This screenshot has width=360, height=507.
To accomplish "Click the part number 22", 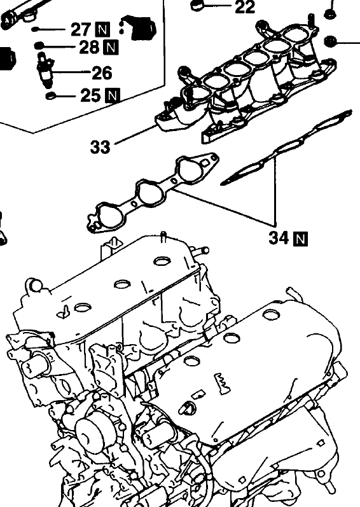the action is click(245, 6).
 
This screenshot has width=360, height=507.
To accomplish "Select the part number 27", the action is click(81, 29).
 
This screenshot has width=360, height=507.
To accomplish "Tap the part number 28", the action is click(89, 47).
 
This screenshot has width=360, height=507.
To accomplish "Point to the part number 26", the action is click(102, 73).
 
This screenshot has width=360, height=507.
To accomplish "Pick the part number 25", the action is click(90, 95).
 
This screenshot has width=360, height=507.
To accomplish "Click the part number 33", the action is click(100, 147).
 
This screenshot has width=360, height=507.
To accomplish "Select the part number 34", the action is click(279, 238).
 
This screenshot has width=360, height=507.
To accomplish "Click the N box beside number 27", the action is click(102, 30).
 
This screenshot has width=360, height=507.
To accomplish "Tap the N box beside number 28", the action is click(111, 48).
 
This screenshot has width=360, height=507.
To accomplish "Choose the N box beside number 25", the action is click(112, 95).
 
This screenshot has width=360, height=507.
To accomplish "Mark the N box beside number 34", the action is click(300, 239).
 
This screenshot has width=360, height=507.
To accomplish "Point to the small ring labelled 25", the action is click(50, 95).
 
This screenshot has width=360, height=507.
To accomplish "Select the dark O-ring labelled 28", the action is click(39, 45).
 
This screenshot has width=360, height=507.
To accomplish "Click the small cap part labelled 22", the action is click(197, 5).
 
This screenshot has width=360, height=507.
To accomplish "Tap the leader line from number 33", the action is click(136, 134).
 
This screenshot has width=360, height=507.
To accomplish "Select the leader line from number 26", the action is click(71, 72).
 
